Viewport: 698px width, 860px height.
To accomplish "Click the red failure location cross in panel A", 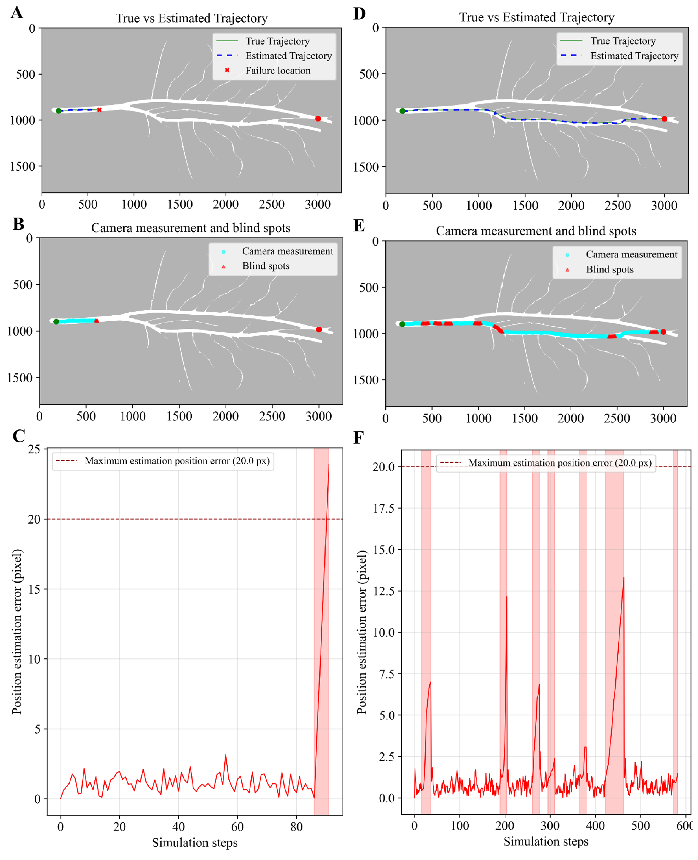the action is click(99, 110).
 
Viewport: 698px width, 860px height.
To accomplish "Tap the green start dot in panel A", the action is click(59, 111).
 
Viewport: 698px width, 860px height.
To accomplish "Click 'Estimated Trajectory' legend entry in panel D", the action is click(619, 56).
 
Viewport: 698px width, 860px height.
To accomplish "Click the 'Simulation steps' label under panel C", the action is click(195, 843).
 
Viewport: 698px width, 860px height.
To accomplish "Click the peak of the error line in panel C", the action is click(329, 464).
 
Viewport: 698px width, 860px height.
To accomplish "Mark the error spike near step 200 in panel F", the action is click(507, 597).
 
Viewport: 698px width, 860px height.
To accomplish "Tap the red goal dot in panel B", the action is click(319, 329).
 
